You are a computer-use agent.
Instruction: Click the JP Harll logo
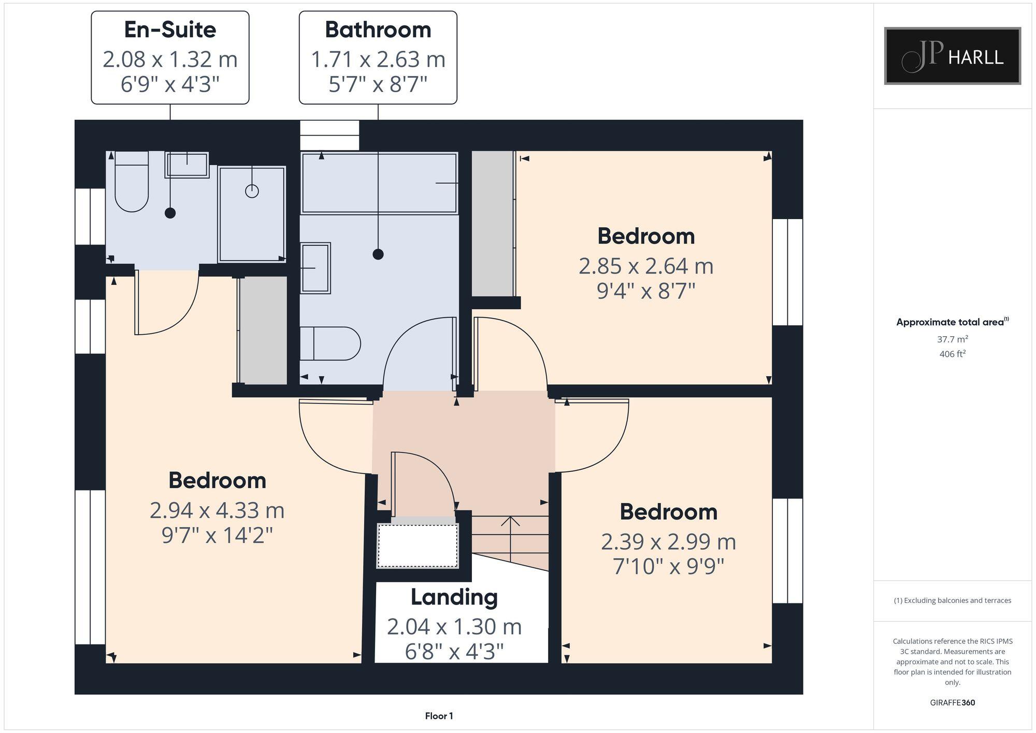952,56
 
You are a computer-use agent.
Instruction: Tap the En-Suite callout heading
170,30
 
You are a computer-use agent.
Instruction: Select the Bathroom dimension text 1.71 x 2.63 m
378,59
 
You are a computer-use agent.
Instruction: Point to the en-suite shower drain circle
252,191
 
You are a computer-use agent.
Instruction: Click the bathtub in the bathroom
379,183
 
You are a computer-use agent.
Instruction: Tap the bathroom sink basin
315,268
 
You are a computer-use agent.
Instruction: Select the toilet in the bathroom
330,343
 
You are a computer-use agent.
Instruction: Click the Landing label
454,597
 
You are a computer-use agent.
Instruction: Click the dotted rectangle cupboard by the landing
418,546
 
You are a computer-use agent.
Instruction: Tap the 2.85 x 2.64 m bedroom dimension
645,266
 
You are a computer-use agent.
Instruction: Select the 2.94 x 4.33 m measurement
217,510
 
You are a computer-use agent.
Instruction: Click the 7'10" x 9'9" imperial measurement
668,566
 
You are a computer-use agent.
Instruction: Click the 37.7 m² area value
952,339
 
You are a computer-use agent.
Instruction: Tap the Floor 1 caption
439,716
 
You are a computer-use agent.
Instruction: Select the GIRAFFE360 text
952,703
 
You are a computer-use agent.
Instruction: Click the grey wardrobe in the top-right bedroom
492,223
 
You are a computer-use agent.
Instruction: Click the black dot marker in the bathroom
378,254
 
